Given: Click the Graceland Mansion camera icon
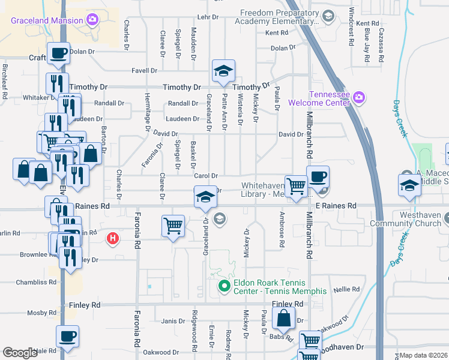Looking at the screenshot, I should (92, 20).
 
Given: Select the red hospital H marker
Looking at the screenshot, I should (112, 239).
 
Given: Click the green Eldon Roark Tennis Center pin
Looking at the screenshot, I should (224, 287).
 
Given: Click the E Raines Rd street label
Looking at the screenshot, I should (336, 206).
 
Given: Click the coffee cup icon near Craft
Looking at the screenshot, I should (59, 53).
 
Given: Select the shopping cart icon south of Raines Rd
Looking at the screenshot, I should (173, 227).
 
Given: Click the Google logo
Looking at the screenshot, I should (20, 353).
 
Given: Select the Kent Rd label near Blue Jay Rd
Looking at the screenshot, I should (367, 23).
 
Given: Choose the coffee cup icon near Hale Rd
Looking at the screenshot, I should (67, 336).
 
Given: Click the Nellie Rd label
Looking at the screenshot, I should (346, 289).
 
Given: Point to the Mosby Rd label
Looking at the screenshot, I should (41, 313).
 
